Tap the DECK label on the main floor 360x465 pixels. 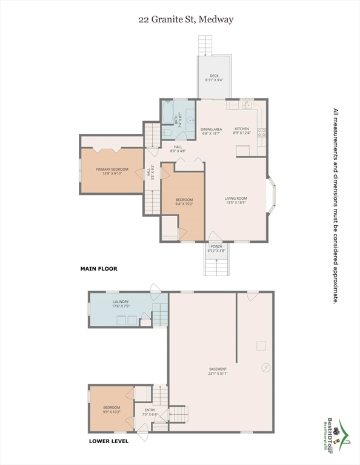click(214, 77)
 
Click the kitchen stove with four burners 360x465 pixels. click(262, 132)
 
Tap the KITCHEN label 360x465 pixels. click(242, 131)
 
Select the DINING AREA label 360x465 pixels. click(212, 131)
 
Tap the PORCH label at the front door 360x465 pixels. click(216, 248)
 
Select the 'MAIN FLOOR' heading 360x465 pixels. click(99, 268)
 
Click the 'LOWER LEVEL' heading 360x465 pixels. click(108, 441)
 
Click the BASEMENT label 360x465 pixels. click(218, 371)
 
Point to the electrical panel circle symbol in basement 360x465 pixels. click(264, 368)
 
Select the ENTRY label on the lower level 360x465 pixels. click(149, 412)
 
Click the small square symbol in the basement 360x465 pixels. click(261, 346)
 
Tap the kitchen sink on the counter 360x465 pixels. click(247, 105)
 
